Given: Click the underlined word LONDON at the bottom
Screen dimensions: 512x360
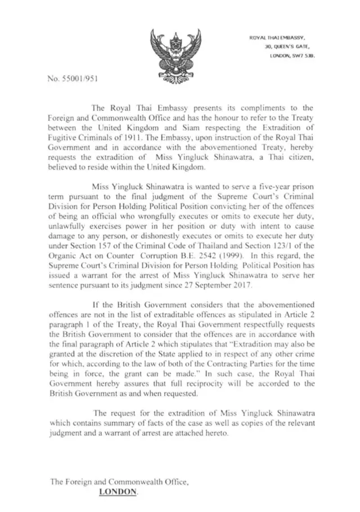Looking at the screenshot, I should pyautogui.click(x=118, y=491).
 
